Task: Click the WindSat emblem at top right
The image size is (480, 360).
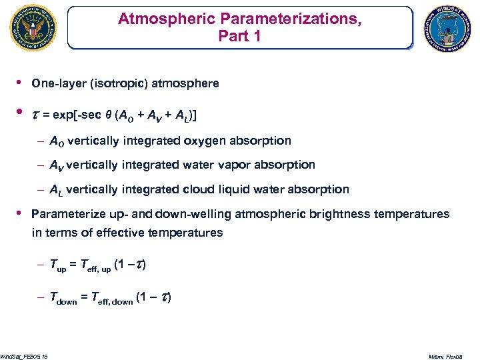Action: click(x=448, y=27)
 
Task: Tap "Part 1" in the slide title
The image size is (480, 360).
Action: click(x=239, y=35)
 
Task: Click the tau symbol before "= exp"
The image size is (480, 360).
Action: click(x=37, y=115)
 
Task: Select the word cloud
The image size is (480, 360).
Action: click(x=200, y=189)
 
